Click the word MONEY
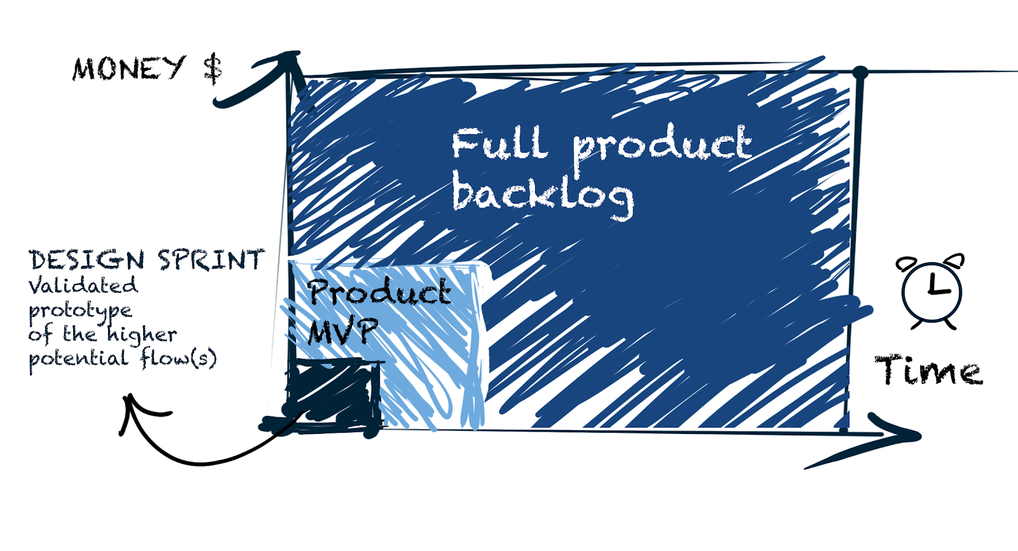129,68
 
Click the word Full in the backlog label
499,144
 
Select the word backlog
543,195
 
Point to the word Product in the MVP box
380,292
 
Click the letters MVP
342,331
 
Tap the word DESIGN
87,260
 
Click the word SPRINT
211,260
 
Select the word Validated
83,285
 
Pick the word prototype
80,311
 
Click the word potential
78,359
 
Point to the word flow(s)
179,358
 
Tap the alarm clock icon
931,291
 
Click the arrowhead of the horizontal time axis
900,435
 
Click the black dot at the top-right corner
860,73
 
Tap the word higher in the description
141,335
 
